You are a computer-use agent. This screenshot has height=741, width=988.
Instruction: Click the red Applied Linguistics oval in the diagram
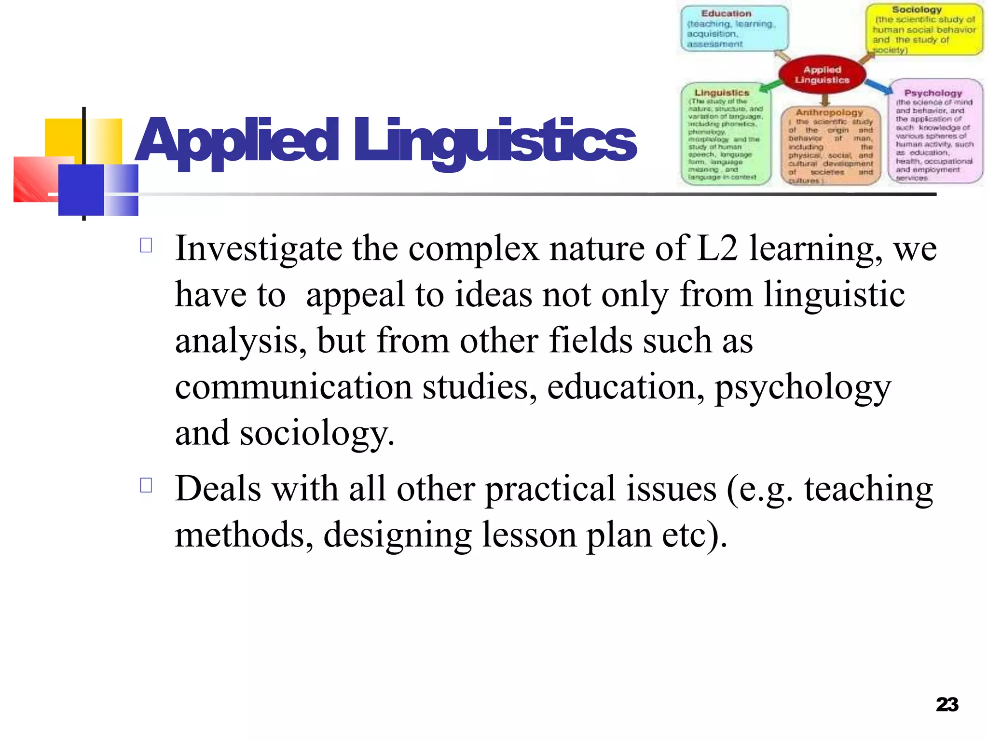click(822, 75)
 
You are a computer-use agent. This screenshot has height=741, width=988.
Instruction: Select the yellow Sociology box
click(923, 29)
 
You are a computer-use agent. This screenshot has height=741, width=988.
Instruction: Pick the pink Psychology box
click(934, 132)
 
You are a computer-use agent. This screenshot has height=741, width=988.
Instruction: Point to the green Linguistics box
click(725, 134)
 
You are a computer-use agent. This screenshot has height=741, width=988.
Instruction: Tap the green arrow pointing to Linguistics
click(771, 86)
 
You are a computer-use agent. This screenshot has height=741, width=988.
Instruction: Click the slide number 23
click(947, 705)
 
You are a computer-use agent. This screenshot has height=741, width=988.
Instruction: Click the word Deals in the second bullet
click(218, 489)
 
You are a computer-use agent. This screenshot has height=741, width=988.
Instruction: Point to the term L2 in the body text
click(717, 248)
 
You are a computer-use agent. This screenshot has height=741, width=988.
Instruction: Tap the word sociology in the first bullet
click(316, 433)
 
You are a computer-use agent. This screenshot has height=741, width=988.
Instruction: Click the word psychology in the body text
click(802, 387)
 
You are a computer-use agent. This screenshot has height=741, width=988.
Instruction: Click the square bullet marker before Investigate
click(146, 246)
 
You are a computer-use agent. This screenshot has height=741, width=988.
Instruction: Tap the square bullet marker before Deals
click(146, 485)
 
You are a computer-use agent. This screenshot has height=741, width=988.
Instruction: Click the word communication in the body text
click(293, 386)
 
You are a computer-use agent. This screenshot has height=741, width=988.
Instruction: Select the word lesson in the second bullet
click(529, 535)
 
